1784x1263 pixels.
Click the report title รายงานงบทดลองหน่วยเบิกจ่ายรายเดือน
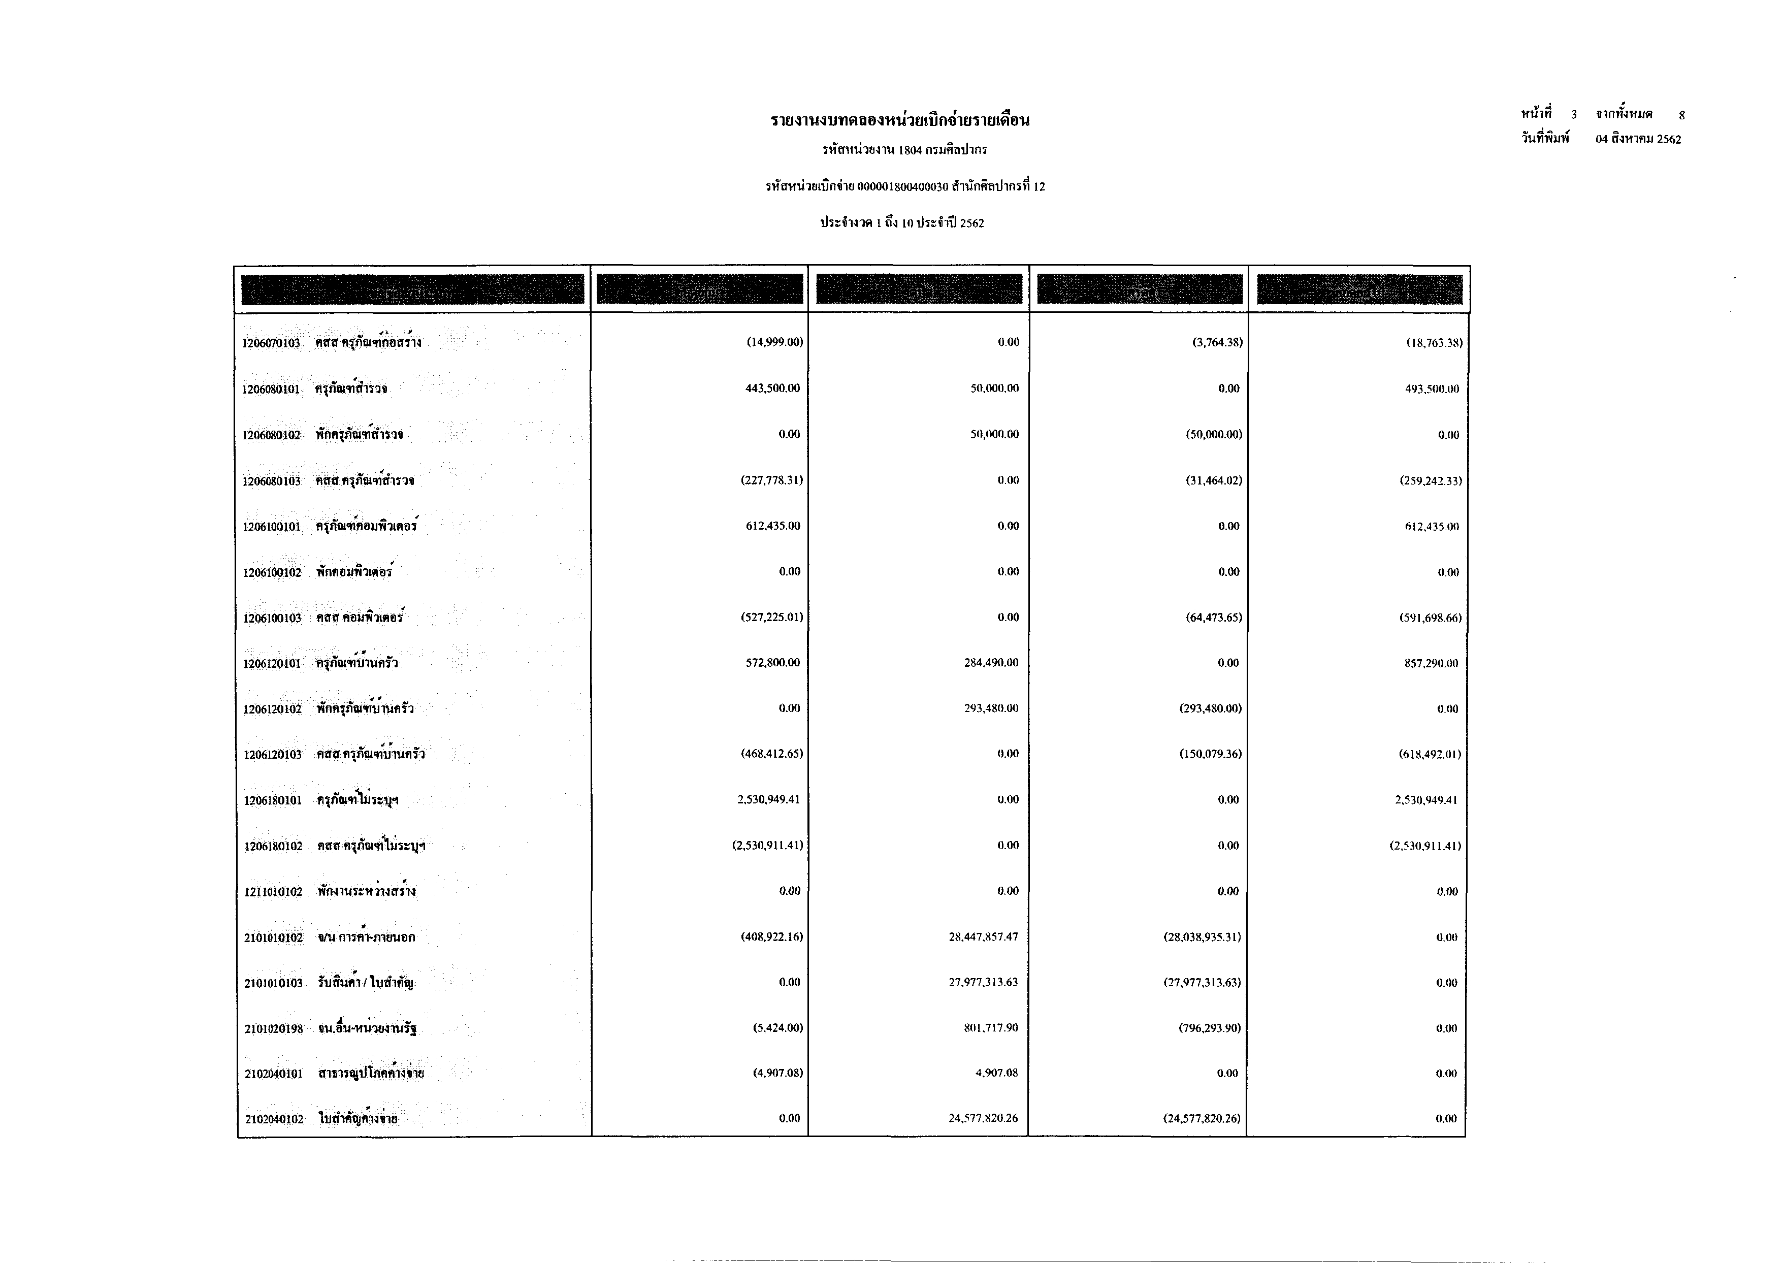900,120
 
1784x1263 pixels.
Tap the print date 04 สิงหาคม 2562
1638,139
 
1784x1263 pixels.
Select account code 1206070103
271,343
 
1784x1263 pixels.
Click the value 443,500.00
772,388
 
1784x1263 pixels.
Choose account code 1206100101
271,527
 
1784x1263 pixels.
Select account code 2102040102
274,1119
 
